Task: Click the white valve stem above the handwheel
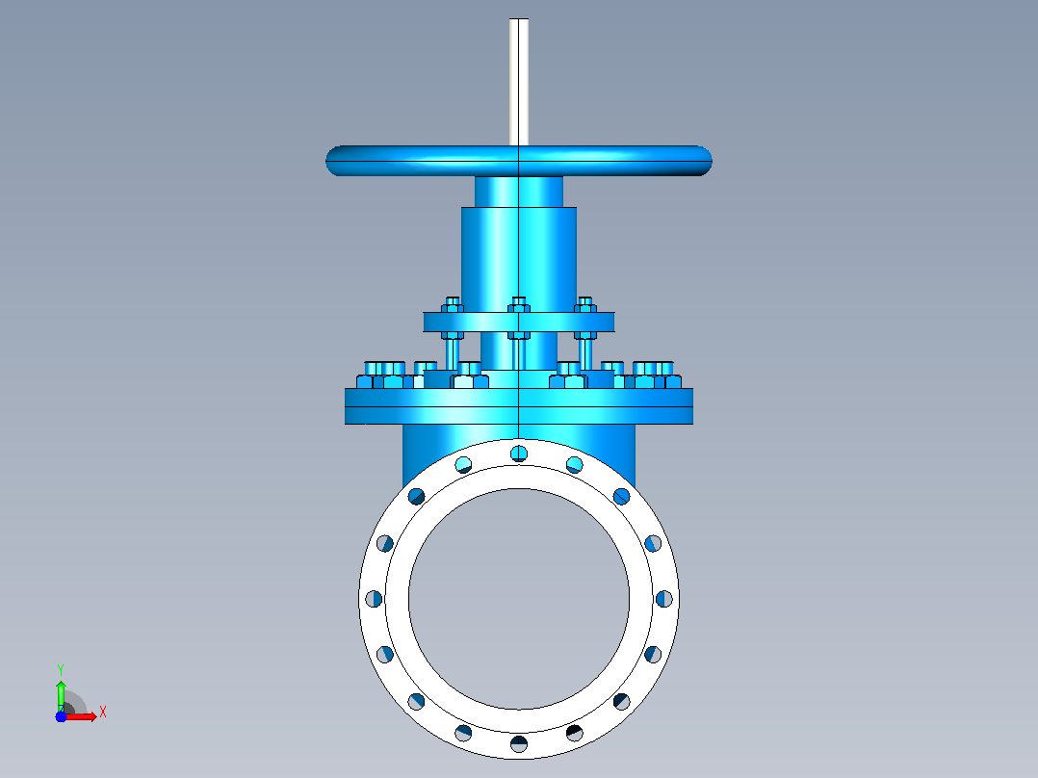519,82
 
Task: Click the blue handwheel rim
519,161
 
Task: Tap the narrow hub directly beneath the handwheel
519,192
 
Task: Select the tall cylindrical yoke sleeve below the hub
519,260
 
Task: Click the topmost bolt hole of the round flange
519,454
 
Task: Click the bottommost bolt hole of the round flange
519,743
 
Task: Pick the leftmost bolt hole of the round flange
374,599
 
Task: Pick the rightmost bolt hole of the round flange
664,599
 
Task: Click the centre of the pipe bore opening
519,599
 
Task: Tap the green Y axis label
61,670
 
